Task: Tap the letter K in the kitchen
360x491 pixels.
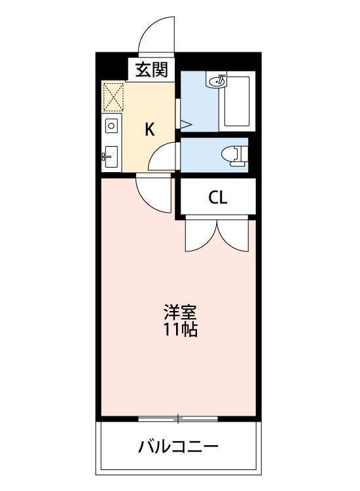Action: (x=150, y=129)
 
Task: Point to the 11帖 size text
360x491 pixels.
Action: (x=180, y=329)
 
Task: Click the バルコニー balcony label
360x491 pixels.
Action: (x=178, y=448)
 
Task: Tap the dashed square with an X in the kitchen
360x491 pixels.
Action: (x=114, y=97)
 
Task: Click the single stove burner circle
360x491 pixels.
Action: (x=111, y=126)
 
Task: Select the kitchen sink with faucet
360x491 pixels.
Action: (x=110, y=156)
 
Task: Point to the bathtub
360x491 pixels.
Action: (x=236, y=102)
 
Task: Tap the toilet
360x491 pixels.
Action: (x=232, y=155)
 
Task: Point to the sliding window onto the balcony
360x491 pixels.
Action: (x=177, y=418)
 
